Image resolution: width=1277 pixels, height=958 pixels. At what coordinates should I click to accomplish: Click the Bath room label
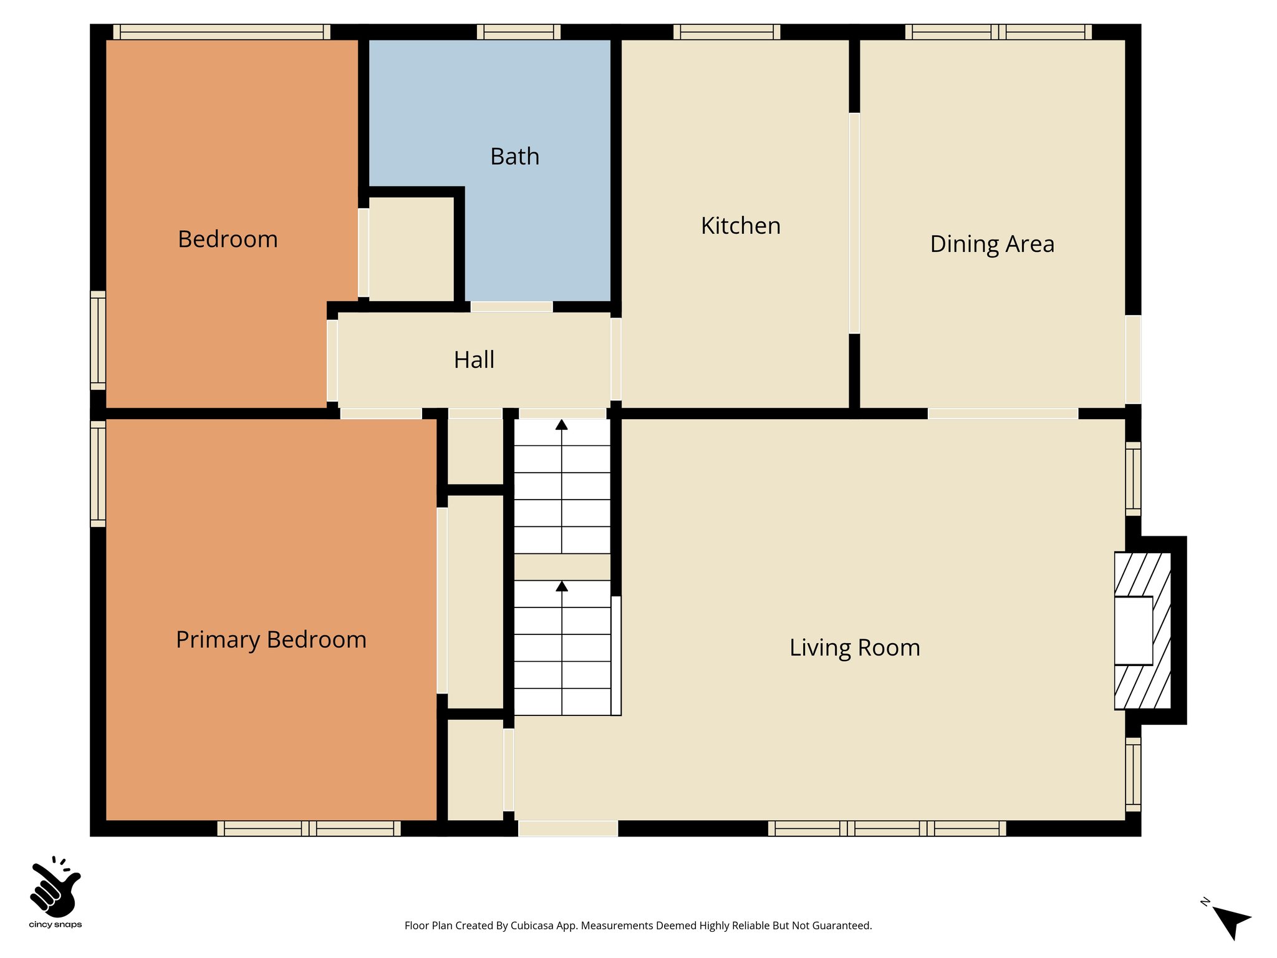514,157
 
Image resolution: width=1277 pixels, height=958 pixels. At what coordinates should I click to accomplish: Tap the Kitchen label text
740,226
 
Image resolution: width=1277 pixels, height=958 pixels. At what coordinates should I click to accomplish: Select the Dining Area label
991,244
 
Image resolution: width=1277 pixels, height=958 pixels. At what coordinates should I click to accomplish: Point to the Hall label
474,360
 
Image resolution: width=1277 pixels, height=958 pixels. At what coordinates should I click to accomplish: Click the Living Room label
854,647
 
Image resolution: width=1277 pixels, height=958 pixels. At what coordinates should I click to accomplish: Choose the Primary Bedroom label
271,640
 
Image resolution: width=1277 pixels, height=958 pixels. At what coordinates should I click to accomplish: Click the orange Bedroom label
228,239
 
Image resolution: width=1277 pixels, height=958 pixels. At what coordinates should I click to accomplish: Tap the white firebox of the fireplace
1133,631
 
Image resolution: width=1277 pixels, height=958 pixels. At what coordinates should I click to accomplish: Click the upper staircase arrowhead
561,425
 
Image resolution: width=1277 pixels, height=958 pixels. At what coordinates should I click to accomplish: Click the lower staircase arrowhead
561,586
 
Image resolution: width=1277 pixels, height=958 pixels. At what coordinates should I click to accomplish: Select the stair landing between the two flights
561,567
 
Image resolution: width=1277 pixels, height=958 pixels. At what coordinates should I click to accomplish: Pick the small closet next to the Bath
411,249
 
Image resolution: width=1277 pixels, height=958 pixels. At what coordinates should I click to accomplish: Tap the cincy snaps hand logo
55,886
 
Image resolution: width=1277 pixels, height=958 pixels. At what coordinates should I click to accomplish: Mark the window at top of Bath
519,32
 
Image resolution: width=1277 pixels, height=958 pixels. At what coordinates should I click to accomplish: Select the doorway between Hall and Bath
511,307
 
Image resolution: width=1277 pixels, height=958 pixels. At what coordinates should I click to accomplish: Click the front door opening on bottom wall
568,828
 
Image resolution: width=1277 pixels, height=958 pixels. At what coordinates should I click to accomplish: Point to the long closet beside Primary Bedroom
475,601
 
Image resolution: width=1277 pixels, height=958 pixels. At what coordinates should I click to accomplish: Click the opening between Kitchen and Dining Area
854,223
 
